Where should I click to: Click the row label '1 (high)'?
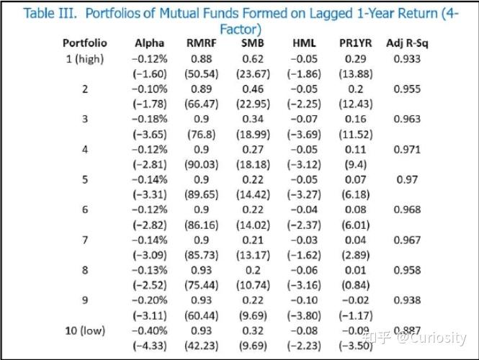coord(84,59)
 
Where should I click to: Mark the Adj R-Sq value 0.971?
coord(407,149)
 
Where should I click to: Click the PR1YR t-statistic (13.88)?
coord(355,73)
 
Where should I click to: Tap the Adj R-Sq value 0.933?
coord(407,59)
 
